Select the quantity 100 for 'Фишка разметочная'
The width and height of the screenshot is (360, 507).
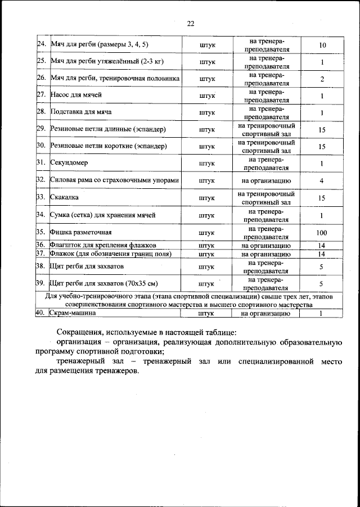(322, 233)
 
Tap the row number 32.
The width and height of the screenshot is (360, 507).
(40, 180)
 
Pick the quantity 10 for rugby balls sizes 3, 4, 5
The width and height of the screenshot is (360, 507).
(322, 44)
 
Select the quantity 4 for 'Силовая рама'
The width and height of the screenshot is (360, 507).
(322, 181)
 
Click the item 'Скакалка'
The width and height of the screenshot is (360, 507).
(65, 198)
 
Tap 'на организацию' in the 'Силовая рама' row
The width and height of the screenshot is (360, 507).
(266, 181)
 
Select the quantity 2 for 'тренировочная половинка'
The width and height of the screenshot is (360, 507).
(322, 79)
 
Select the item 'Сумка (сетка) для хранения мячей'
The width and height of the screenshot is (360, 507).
(102, 215)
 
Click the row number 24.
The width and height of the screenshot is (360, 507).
(40, 44)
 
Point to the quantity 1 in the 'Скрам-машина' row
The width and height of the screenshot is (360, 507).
(322, 314)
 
